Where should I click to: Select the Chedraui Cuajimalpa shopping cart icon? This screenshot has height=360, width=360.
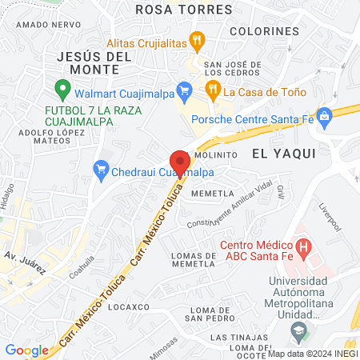[101, 169]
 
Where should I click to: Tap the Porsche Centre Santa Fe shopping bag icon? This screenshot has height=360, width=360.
[324, 116]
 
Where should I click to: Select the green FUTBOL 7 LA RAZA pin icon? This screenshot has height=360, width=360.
[60, 87]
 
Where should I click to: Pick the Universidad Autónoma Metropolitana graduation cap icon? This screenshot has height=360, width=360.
[298, 329]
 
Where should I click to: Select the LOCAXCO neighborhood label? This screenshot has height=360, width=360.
[130, 306]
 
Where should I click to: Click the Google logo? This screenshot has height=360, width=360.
[26, 350]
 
